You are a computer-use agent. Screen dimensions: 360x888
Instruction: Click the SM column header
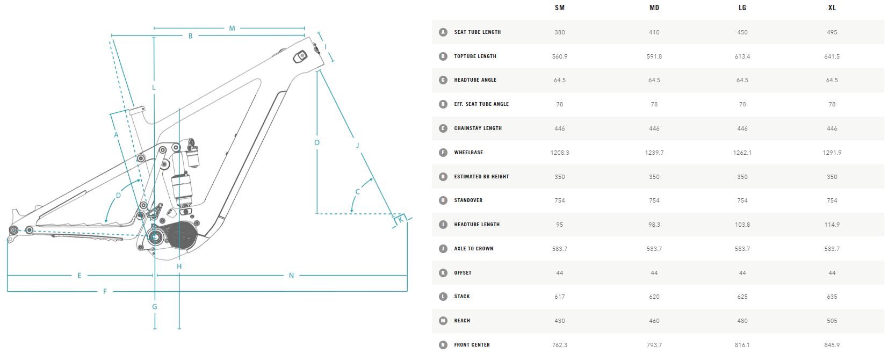pyautogui.click(x=559, y=8)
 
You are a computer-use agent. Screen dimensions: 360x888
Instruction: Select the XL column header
pyautogui.click(x=832, y=8)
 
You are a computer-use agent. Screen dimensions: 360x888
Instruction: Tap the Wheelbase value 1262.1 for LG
pyautogui.click(x=742, y=153)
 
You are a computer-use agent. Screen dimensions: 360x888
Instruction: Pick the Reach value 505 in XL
pyautogui.click(x=832, y=321)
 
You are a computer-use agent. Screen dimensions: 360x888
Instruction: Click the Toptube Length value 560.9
pyautogui.click(x=559, y=56)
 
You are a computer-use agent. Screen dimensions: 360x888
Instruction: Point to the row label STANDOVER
pyautogui.click(x=468, y=200)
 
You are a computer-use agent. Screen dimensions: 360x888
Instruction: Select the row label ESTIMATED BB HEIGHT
pyautogui.click(x=481, y=177)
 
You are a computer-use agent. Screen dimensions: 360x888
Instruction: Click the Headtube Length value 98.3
pyautogui.click(x=654, y=225)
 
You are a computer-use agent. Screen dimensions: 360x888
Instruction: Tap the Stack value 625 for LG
pyautogui.click(x=742, y=297)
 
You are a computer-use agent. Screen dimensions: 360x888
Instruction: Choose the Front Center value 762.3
pyautogui.click(x=559, y=345)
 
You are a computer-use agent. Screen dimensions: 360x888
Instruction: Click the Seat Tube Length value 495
pyautogui.click(x=832, y=32)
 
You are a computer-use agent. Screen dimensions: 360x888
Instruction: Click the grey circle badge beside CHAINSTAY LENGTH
pyautogui.click(x=443, y=128)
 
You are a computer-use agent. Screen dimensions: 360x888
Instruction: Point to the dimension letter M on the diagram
pyautogui.click(x=232, y=28)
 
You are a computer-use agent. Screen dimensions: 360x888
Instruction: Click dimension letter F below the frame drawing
pyautogui.click(x=105, y=291)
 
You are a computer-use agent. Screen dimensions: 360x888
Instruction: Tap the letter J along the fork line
pyautogui.click(x=357, y=146)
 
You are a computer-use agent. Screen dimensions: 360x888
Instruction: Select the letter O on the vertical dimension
pyautogui.click(x=317, y=142)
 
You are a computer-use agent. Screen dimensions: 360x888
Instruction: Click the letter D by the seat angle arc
pyautogui.click(x=119, y=196)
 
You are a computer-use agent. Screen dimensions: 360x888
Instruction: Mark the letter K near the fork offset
pyautogui.click(x=400, y=220)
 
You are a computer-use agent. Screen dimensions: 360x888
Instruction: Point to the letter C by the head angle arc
pyautogui.click(x=357, y=192)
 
